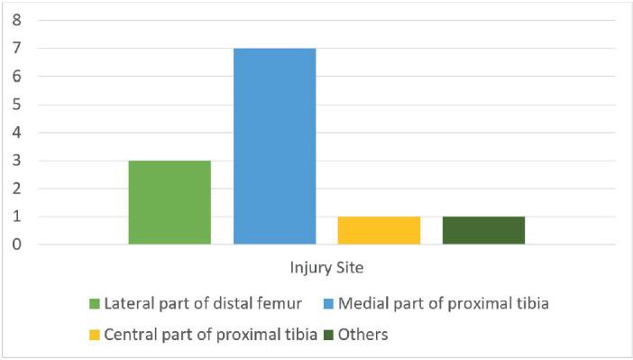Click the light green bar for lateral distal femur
(170, 202)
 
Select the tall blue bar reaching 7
(274, 146)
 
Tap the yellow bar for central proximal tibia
(379, 230)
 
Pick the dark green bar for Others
(483, 230)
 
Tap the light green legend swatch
(94, 303)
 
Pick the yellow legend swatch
(94, 335)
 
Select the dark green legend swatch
(329, 335)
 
